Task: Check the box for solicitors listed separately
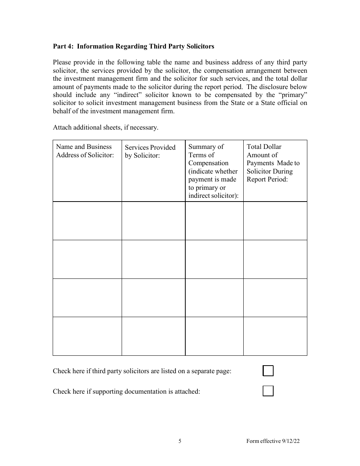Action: (x=268, y=371)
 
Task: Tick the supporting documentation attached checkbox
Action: (x=268, y=391)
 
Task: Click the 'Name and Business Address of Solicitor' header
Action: (x=85, y=151)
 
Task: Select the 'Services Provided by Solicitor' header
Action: (x=150, y=151)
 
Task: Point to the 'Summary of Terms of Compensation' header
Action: (x=213, y=171)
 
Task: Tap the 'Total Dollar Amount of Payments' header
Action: (x=273, y=163)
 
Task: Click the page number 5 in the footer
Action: (x=180, y=441)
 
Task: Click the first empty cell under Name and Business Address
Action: (x=87, y=220)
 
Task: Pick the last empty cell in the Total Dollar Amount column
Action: (x=275, y=336)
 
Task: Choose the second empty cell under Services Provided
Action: (x=153, y=259)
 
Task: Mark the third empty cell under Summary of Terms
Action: (x=214, y=298)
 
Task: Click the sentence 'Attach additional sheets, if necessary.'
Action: (x=105, y=127)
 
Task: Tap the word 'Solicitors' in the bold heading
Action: (x=200, y=46)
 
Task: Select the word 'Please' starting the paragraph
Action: (x=62, y=63)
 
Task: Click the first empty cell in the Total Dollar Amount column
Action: (x=275, y=220)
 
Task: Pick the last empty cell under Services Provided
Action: (x=153, y=336)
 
